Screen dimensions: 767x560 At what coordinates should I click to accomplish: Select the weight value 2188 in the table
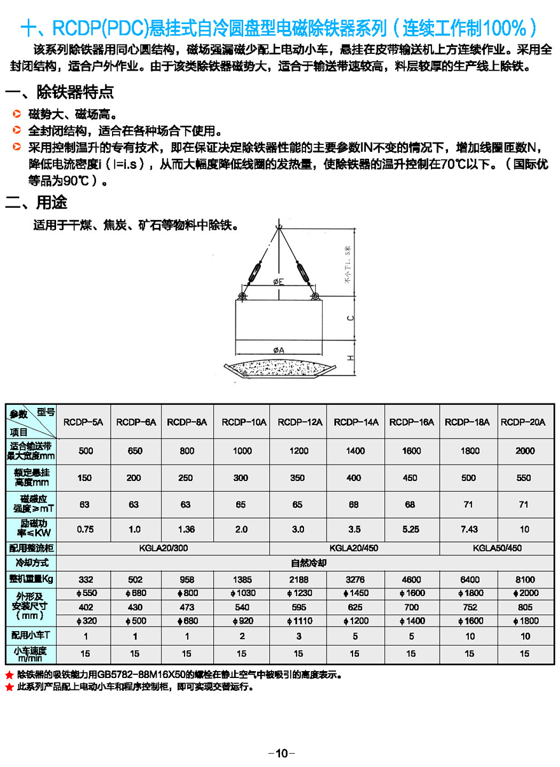pyautogui.click(x=298, y=580)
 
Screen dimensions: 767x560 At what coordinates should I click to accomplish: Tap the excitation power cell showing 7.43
pyautogui.click(x=468, y=529)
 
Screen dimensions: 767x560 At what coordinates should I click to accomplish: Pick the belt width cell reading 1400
pyautogui.click(x=356, y=451)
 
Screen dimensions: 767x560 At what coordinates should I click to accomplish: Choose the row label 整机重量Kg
pyautogui.click(x=31, y=580)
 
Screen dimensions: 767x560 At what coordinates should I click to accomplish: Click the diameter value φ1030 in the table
pyautogui.click(x=242, y=593)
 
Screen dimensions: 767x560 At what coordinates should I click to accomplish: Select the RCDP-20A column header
pyautogui.click(x=523, y=422)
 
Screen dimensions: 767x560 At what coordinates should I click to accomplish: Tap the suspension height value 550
pyautogui.click(x=524, y=478)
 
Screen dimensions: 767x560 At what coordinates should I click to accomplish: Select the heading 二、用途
pyautogui.click(x=36, y=203)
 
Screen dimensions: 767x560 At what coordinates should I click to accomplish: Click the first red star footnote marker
pyautogui.click(x=9, y=675)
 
